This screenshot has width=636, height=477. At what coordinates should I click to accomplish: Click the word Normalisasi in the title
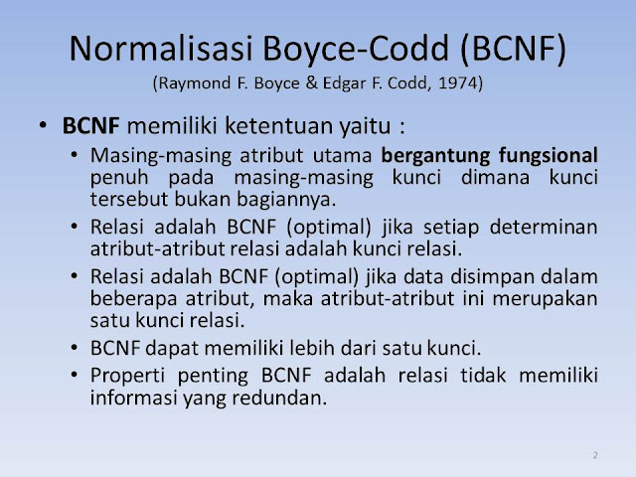coord(161,49)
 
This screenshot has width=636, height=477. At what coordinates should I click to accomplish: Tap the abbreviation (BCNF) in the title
coord(513,49)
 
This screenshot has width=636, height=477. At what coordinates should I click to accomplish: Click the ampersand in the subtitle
coord(311,82)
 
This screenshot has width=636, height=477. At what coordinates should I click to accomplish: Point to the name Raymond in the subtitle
coord(195,83)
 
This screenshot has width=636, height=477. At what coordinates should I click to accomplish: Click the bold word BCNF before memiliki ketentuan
coord(90,126)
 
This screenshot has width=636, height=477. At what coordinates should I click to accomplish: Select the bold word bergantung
coord(435,156)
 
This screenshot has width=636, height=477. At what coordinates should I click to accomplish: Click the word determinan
coord(544,227)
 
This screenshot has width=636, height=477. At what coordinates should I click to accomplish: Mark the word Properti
coord(127,376)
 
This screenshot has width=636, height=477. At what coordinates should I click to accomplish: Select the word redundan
coord(279,397)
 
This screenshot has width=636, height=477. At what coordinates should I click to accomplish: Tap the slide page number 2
coord(595,455)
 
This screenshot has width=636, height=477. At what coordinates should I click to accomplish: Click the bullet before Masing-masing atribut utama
coord(74,155)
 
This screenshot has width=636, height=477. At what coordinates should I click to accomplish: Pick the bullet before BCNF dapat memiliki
coord(74,348)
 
